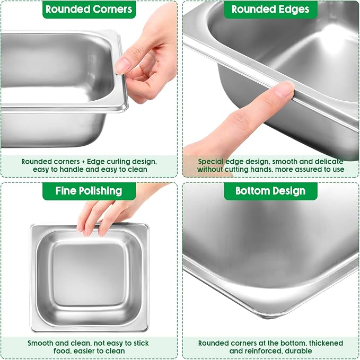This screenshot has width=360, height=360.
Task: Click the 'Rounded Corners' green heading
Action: [x=89, y=9]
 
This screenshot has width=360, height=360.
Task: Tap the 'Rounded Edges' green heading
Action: [x=270, y=9]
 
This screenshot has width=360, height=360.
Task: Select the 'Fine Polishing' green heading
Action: [x=89, y=191]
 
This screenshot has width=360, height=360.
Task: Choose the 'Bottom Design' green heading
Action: [x=270, y=191]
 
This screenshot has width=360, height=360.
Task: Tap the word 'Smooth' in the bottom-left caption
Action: [x=40, y=343]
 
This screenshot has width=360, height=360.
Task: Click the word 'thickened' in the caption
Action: [x=326, y=343]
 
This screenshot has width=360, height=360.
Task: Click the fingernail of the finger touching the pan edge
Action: [x=285, y=90]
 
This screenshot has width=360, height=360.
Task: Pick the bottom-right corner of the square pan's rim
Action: [x=148, y=331]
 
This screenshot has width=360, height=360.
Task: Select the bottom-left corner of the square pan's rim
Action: [x=31, y=331]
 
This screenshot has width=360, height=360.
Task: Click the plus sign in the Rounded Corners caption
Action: [x=83, y=162]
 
